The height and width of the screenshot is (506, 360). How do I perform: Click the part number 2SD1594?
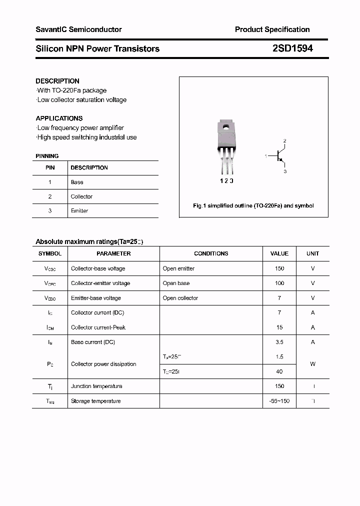pyautogui.click(x=293, y=48)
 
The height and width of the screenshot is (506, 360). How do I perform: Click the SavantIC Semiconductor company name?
pyautogui.click(x=78, y=29)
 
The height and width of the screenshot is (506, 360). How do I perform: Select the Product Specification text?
pyautogui.click(x=272, y=29)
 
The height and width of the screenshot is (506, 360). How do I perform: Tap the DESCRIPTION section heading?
pyautogui.click(x=57, y=81)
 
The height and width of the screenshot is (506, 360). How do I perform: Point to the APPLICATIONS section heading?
pyautogui.click(x=59, y=118)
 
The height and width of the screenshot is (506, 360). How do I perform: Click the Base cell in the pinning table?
pyautogui.click(x=77, y=182)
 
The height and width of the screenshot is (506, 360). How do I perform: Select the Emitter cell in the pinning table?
pyautogui.click(x=79, y=211)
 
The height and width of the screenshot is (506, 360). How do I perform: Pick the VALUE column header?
pyautogui.click(x=279, y=253)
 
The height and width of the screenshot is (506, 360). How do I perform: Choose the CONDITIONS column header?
pyautogui.click(x=211, y=253)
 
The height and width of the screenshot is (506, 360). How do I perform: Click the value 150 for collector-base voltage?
pyautogui.click(x=279, y=268)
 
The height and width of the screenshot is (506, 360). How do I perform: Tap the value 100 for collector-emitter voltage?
pyautogui.click(x=279, y=283)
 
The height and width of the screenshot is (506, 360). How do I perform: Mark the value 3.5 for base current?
pyautogui.click(x=279, y=342)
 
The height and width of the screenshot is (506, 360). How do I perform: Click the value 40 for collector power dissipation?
pyautogui.click(x=279, y=371)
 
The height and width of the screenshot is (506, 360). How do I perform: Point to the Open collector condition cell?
pyautogui.click(x=180, y=298)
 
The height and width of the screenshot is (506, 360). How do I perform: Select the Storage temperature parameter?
pyautogui.click(x=95, y=401)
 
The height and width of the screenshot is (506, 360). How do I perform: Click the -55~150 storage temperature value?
pyautogui.click(x=279, y=401)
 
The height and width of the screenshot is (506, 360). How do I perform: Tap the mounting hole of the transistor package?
pyautogui.click(x=226, y=127)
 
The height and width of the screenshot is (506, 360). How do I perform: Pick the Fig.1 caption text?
pyautogui.click(x=253, y=206)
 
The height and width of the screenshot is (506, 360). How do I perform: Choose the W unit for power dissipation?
pyautogui.click(x=312, y=364)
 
